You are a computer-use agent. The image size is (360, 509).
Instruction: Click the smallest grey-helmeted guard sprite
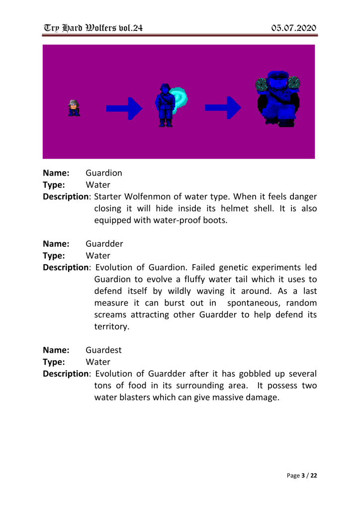tap(74, 107)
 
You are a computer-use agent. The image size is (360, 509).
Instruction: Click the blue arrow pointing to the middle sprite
tap(124, 107)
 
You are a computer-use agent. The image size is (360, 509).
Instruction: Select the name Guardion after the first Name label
tap(104, 174)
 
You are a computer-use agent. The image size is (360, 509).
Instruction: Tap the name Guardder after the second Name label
tap(104, 244)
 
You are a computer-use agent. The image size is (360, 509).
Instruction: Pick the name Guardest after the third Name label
tap(103, 350)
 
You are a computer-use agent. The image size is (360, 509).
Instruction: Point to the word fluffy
tap(206, 280)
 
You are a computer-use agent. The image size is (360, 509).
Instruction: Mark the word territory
tap(112, 327)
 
